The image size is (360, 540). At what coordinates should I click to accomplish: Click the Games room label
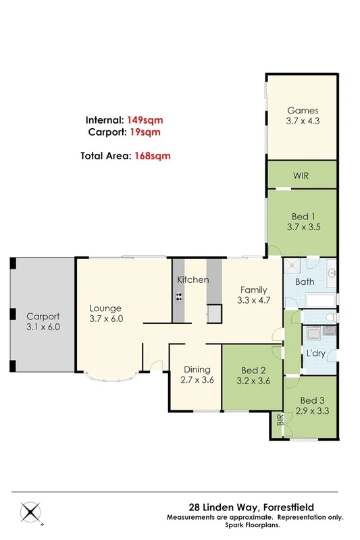pos(302,111)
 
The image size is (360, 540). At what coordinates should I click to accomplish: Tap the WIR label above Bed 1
pos(301,175)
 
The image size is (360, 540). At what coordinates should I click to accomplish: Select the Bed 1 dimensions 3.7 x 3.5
pos(301,227)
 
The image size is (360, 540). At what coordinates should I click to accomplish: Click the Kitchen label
pos(192,279)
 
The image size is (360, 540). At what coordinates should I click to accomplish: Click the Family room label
pos(255,290)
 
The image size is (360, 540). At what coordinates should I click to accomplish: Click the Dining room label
pos(197,369)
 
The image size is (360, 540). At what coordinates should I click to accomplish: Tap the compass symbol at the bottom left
pos(30,511)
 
